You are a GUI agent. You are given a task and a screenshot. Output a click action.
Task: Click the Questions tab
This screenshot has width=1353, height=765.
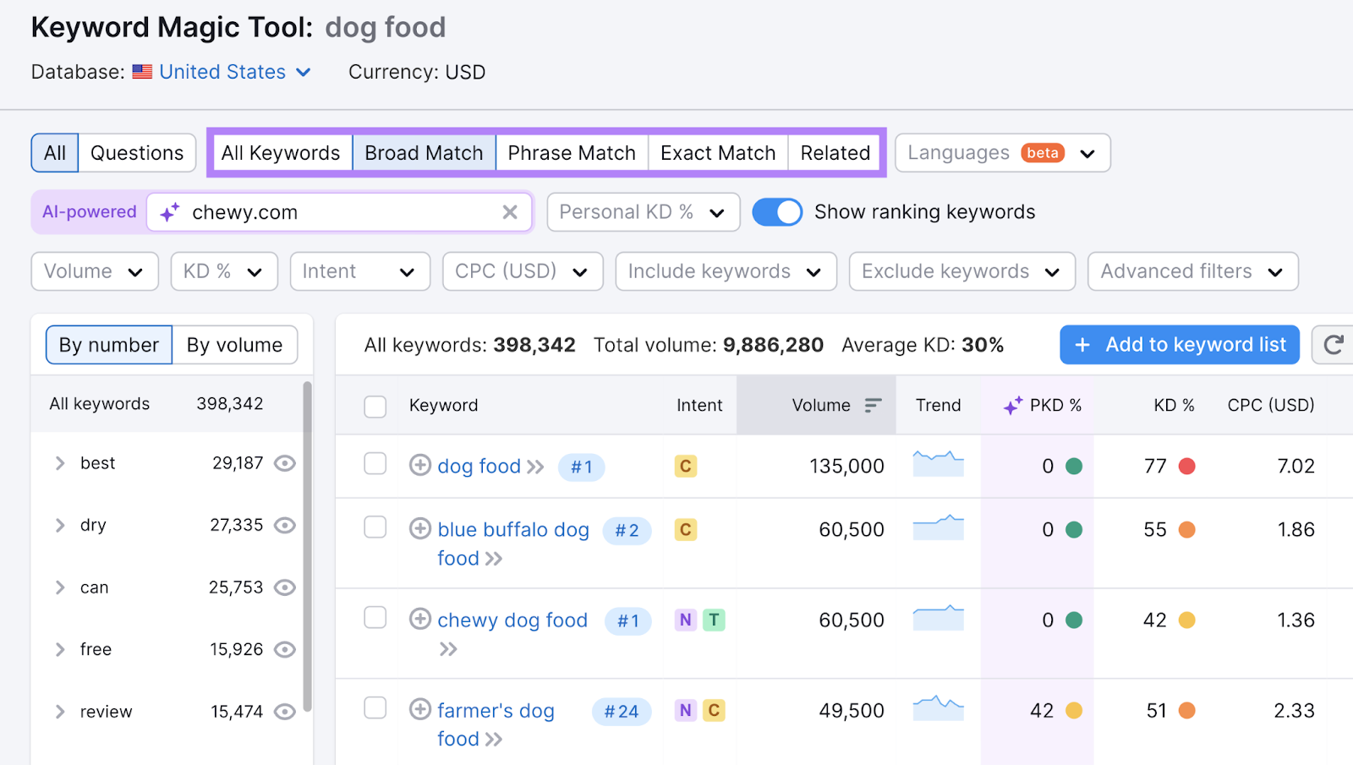[137, 153]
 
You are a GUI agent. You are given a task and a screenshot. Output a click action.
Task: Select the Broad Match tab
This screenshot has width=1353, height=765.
[424, 153]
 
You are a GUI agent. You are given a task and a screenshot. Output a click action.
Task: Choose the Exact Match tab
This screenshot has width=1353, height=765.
[718, 153]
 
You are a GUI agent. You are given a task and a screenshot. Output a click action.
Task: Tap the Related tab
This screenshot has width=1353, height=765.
[835, 153]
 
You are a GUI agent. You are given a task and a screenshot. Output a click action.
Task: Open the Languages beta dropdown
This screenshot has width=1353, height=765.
[1002, 153]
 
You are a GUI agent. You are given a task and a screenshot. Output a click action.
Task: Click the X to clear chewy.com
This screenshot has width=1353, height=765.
[510, 212]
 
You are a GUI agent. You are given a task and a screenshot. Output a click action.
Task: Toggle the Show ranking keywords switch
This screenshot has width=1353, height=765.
[777, 212]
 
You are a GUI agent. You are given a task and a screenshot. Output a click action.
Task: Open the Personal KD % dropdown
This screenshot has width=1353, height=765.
[643, 212]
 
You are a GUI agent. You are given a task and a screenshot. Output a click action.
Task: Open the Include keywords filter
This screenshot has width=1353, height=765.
[726, 271]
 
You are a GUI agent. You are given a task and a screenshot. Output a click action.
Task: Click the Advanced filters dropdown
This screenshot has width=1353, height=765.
[1192, 271]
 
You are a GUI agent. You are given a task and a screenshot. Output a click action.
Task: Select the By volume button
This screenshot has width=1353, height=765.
[234, 345]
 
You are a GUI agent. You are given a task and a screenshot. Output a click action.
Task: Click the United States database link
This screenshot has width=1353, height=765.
[222, 72]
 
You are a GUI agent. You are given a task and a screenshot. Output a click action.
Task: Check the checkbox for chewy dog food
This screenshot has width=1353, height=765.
[375, 618]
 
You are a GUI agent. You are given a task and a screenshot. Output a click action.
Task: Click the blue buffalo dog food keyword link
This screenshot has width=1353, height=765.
[512, 530]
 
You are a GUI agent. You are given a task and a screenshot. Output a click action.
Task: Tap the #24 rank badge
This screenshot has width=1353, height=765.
[622, 712]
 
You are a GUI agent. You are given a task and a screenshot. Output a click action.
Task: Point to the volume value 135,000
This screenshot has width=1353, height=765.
[846, 466]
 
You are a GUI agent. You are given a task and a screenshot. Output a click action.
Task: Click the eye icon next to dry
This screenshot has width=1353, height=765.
[285, 526]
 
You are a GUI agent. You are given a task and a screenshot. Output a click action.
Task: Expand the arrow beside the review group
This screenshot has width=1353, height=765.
[60, 712]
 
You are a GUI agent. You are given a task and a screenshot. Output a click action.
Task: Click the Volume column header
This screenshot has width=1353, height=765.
[821, 406]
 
